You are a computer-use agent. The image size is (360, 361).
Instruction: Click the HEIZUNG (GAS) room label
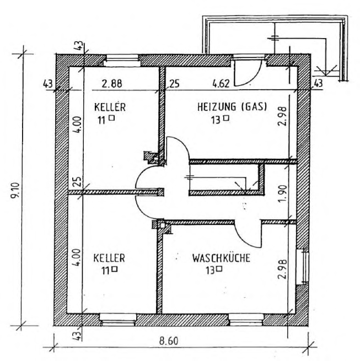[232, 107]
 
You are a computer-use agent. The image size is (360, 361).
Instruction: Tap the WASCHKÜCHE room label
[221, 258]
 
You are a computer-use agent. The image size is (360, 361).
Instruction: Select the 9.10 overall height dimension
[16, 191]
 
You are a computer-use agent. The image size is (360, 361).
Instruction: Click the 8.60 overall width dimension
[169, 341]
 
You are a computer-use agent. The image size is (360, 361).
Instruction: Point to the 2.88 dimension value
[112, 84]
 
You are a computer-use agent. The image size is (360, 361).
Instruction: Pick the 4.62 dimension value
[221, 84]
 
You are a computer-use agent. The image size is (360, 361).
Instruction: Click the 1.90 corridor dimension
[283, 193]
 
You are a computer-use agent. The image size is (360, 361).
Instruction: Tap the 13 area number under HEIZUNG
[216, 120]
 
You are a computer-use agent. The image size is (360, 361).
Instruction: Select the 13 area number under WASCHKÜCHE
[210, 270]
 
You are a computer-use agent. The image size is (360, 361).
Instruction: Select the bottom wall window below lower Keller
[118, 320]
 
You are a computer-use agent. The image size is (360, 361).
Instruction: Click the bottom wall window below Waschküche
[246, 320]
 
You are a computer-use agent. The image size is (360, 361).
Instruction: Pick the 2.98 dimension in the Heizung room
[283, 116]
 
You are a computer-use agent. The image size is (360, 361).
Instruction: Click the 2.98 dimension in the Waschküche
[283, 269]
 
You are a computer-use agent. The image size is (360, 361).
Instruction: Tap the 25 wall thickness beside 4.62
[174, 84]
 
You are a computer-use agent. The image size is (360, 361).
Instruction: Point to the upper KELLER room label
[110, 107]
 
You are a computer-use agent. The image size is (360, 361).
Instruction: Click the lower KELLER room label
[109, 258]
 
